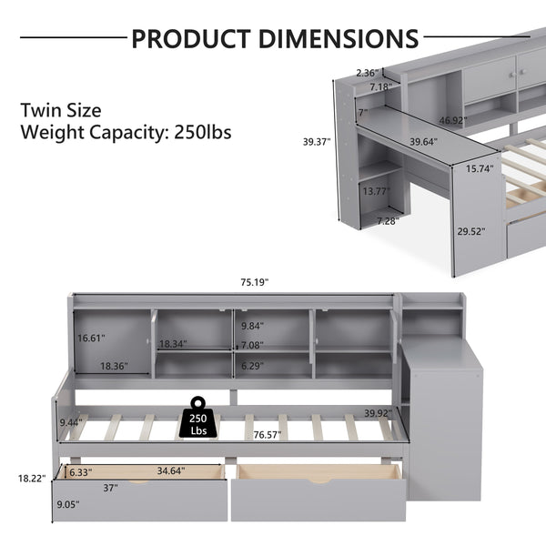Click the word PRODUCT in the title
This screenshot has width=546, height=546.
187,38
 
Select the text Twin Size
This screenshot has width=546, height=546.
60,110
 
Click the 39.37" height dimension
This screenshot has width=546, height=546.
317,142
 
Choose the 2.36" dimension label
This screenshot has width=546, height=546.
367,72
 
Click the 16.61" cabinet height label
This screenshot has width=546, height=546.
91,338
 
